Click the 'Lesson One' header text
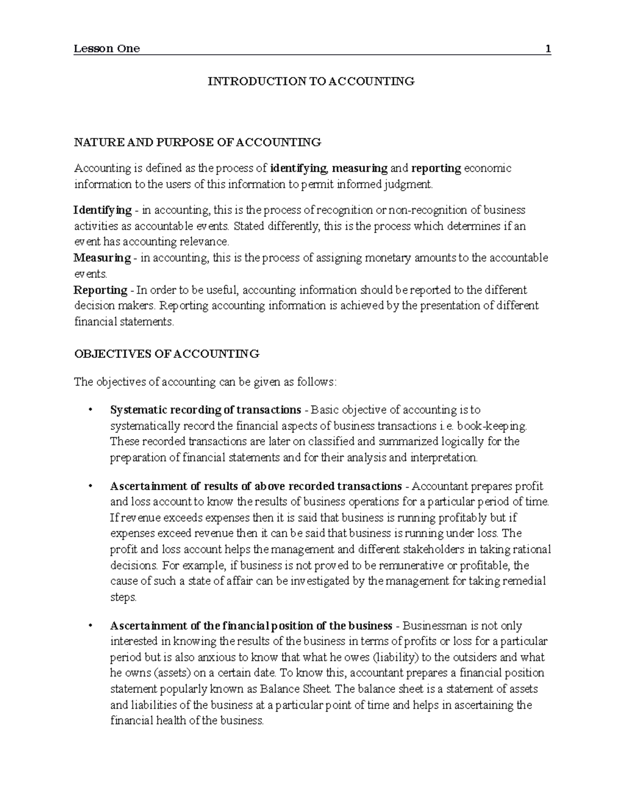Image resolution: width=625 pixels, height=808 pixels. (x=107, y=49)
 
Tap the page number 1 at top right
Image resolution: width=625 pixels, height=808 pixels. (x=547, y=49)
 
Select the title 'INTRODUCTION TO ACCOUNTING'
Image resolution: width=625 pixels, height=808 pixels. (x=311, y=81)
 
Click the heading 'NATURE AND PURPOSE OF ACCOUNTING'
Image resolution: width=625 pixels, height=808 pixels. (x=197, y=142)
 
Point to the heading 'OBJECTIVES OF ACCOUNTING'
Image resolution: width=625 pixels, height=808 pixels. (x=166, y=354)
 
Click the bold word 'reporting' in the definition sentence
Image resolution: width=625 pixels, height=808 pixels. (x=436, y=168)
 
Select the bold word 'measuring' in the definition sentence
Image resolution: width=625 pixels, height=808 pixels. (x=360, y=168)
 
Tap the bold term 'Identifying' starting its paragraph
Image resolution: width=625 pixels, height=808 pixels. (x=102, y=210)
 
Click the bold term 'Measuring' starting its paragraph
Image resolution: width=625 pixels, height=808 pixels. (x=102, y=258)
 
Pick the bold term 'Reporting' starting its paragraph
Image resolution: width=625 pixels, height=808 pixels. (x=101, y=290)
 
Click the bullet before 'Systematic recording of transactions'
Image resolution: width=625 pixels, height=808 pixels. (x=91, y=410)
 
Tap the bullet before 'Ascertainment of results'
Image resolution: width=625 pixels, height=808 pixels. (x=91, y=486)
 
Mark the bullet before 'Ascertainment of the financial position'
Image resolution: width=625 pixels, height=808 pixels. (x=91, y=626)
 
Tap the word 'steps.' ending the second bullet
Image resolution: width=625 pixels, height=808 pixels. (x=123, y=598)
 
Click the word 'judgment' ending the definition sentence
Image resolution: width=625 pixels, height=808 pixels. (x=408, y=184)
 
